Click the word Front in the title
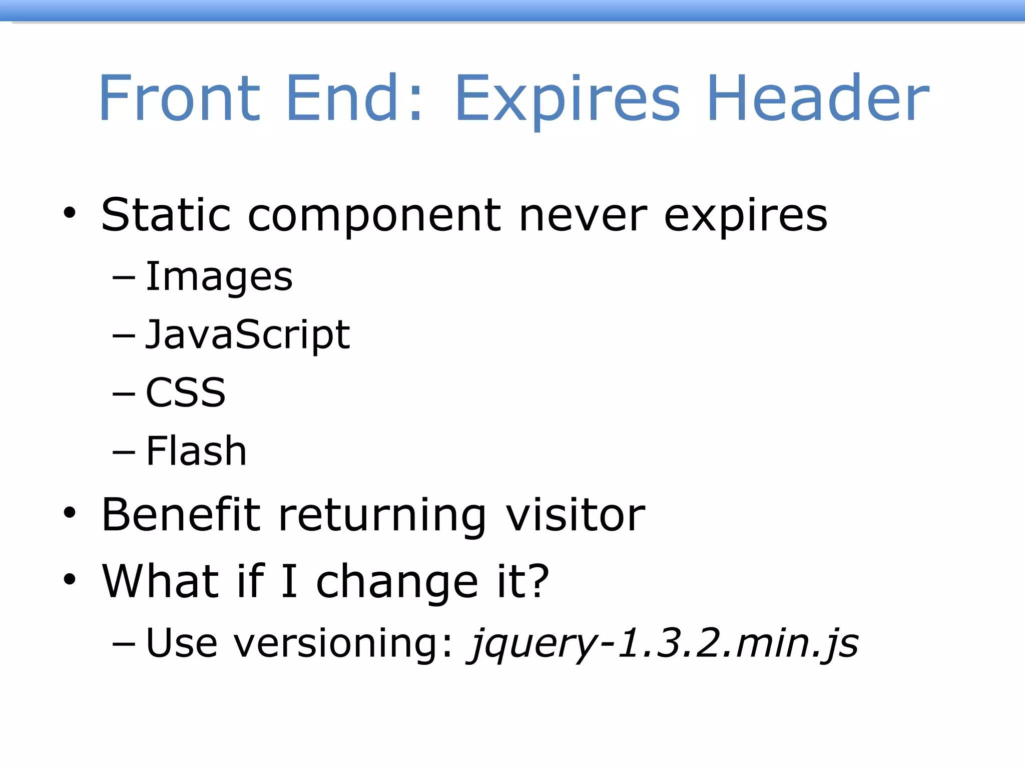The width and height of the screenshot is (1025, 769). (179, 98)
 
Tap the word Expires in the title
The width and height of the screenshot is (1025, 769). (567, 100)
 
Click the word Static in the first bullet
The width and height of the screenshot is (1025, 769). (166, 215)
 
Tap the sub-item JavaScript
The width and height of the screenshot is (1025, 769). (247, 335)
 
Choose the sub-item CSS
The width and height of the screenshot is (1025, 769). (186, 393)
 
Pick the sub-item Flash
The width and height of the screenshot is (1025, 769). (196, 451)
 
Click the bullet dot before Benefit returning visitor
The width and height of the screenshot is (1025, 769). (70, 513)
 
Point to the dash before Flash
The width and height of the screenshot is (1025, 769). (124, 452)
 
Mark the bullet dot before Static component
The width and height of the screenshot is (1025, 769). (70, 214)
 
